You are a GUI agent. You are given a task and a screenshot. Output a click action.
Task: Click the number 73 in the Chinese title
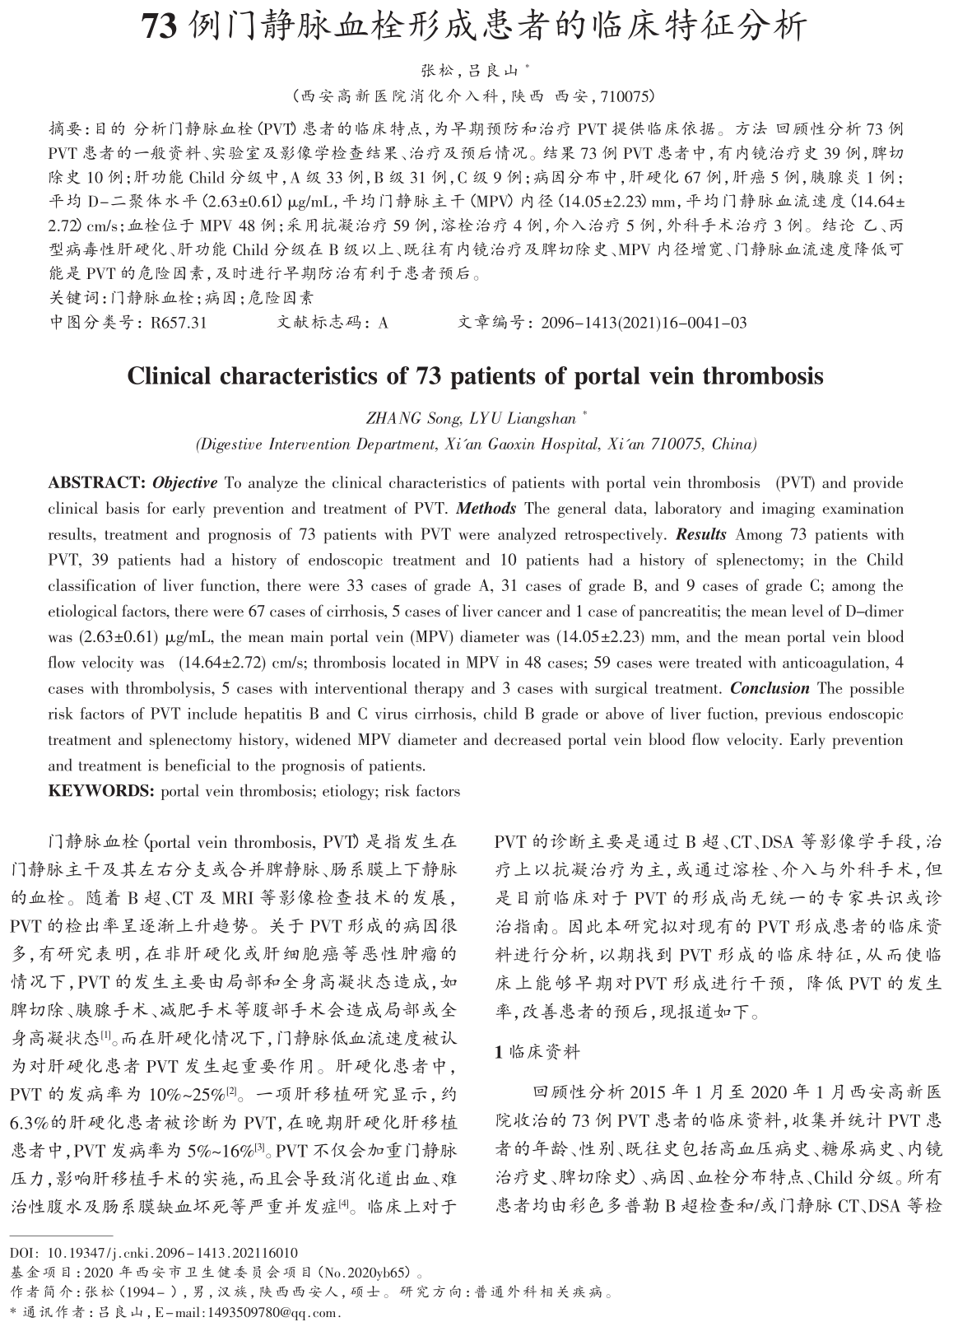[x=160, y=27]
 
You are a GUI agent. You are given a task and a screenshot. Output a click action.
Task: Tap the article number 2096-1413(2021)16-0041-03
[x=644, y=323]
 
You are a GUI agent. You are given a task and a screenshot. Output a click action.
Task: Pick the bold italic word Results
[x=701, y=534]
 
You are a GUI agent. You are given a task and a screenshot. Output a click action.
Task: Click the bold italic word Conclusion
[x=770, y=688]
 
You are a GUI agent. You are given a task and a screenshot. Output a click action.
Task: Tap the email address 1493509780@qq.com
[x=270, y=1312]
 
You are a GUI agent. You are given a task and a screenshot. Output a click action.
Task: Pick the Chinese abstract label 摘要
[x=64, y=129]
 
